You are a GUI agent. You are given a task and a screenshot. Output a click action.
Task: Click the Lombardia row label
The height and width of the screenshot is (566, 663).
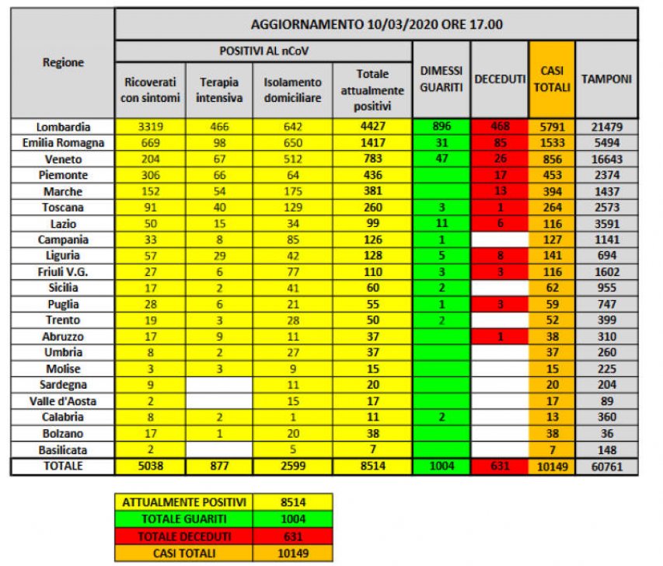click(64, 127)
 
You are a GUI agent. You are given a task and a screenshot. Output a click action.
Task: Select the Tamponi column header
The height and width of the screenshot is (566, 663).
click(607, 79)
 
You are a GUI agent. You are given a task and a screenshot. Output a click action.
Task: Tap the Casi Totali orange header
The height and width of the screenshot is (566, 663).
click(552, 79)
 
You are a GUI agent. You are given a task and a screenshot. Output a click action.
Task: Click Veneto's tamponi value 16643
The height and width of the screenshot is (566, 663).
click(606, 159)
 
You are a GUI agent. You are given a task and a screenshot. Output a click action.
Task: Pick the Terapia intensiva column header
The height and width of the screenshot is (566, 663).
click(218, 89)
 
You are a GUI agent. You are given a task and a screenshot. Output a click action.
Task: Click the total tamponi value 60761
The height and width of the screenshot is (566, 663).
click(606, 466)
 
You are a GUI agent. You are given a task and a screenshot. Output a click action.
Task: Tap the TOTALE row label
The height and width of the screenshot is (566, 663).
click(64, 466)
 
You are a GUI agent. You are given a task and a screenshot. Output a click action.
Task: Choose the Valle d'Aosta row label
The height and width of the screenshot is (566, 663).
click(64, 401)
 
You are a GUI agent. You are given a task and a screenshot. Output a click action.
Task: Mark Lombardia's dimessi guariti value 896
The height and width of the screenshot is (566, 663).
click(441, 127)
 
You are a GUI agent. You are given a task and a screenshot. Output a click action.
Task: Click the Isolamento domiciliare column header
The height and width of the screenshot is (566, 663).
click(292, 89)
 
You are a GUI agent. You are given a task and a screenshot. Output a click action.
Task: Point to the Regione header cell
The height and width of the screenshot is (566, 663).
click(64, 62)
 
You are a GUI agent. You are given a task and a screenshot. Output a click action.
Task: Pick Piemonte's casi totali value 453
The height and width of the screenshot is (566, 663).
click(552, 175)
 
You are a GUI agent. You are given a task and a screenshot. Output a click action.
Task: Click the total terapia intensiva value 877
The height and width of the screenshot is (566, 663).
click(218, 466)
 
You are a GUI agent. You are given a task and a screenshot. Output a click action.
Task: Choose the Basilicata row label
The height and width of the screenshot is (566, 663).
click(64, 449)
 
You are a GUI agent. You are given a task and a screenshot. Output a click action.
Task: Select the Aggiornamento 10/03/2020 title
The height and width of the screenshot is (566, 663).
click(376, 24)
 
